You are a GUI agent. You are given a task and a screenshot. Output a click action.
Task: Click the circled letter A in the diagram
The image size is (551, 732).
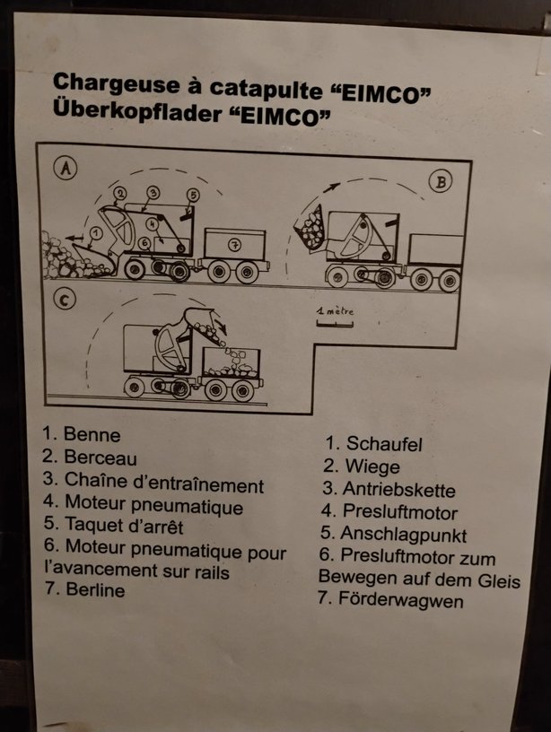66,168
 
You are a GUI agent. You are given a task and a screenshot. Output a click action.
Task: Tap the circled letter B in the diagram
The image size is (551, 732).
441,182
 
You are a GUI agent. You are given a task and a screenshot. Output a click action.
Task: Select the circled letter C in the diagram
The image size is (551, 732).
65,300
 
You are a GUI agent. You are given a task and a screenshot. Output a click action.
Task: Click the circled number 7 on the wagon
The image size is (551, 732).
235,244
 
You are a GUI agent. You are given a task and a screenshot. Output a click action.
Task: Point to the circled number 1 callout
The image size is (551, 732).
95,232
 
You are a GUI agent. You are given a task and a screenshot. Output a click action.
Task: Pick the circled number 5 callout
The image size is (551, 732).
193,195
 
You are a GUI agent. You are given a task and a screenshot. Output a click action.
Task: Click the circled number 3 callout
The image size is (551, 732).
153,192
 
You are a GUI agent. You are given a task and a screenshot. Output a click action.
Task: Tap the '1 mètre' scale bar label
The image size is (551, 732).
336,310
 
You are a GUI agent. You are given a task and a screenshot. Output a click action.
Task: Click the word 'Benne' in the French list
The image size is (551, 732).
92,434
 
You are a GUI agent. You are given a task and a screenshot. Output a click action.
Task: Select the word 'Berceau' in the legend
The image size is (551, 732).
101,457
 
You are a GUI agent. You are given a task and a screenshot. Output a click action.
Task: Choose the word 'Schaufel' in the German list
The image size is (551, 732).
384,444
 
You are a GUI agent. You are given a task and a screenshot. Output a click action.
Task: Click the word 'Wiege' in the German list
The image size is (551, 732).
372,466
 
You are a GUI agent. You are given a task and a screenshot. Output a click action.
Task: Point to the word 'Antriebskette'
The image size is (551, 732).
398,490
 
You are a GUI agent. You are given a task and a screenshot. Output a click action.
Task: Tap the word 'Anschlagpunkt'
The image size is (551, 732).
404,535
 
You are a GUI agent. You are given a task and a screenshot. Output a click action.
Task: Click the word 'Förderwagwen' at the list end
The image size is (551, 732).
400,599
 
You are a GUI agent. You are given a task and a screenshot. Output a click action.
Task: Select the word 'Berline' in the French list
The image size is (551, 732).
95,589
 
